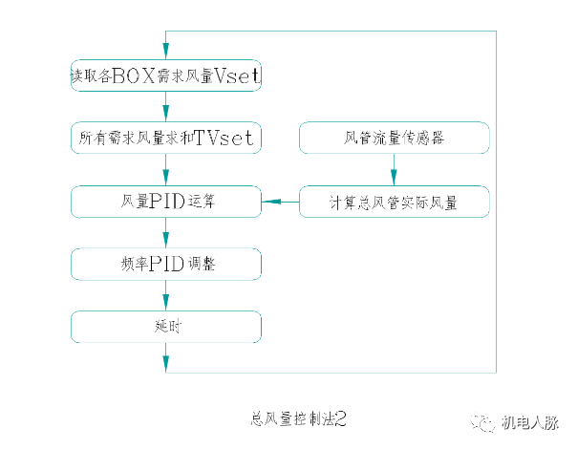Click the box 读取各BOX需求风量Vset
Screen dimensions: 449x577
pyautogui.click(x=166, y=75)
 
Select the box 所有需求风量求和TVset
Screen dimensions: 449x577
pyautogui.click(x=166, y=139)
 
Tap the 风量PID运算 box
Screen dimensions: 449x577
pyautogui.click(x=166, y=202)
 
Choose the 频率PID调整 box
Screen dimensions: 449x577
pyautogui.click(x=166, y=263)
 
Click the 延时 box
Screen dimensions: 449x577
pyautogui.click(x=166, y=327)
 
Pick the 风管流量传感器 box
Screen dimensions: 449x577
pyautogui.click(x=395, y=139)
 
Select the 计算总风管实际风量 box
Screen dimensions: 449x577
pyautogui.click(x=395, y=202)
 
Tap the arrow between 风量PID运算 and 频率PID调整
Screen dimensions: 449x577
pyautogui.click(x=166, y=232)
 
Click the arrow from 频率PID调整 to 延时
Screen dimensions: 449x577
pyautogui.click(x=166, y=295)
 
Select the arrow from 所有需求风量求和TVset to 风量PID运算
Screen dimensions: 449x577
pyautogui.click(x=166, y=170)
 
